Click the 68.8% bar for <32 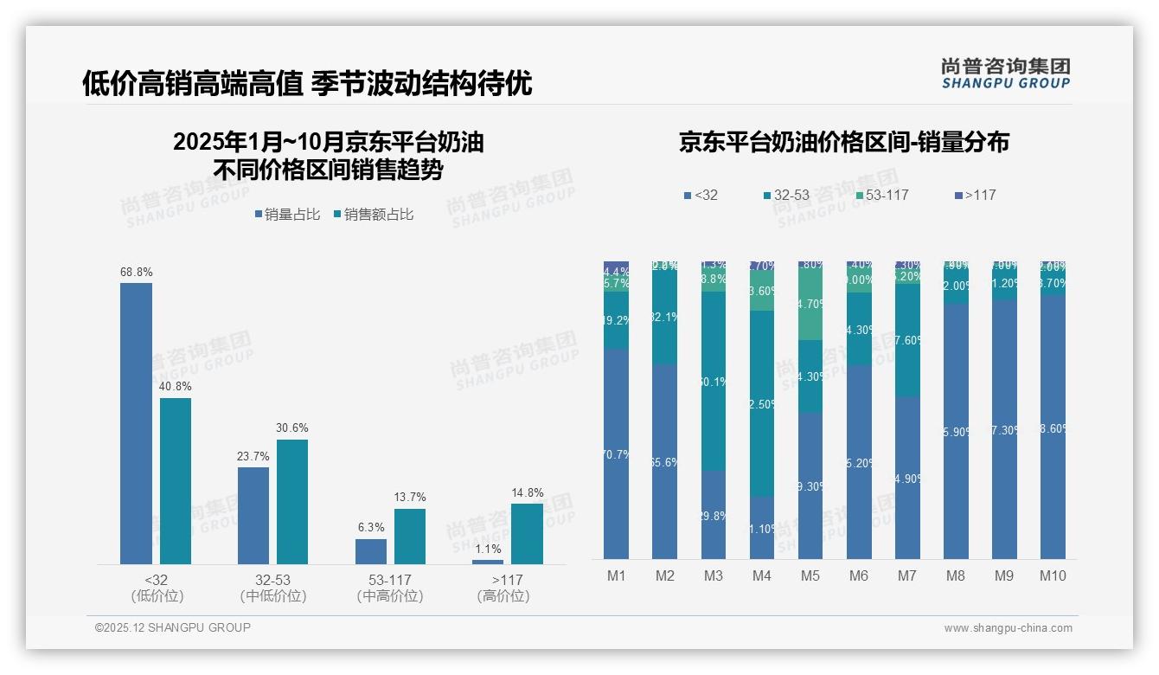click(136, 424)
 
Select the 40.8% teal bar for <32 click(176, 481)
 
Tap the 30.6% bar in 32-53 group click(292, 502)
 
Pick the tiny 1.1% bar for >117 click(488, 562)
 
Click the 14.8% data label click(527, 493)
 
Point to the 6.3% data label click(370, 528)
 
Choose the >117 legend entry click(975, 196)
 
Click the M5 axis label click(810, 576)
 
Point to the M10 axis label click(1052, 576)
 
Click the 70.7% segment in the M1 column click(617, 453)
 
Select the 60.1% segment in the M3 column click(714, 381)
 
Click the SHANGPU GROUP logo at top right click(1005, 74)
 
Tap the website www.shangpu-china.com click(1008, 628)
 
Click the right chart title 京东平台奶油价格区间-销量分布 click(843, 143)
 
